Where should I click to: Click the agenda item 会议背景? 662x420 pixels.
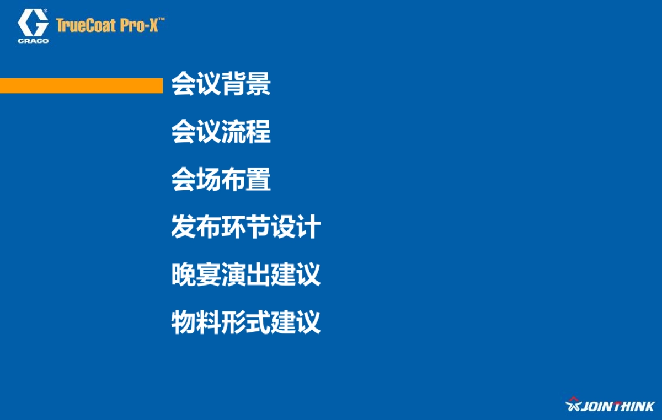[x=221, y=84]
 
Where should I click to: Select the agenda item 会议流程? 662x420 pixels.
[x=221, y=132]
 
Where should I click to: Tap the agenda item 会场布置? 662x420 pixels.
[x=221, y=180]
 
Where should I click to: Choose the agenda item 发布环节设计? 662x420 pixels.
[x=245, y=227]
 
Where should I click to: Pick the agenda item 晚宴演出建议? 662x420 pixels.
[x=245, y=274]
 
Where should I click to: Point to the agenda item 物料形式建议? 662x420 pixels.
[x=245, y=322]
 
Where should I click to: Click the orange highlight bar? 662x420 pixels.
[x=81, y=85]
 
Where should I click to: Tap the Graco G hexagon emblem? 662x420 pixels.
[x=33, y=23]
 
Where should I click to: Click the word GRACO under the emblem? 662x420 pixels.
[x=33, y=41]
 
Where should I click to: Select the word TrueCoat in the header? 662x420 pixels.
[x=86, y=25]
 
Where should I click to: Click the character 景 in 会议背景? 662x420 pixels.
[x=258, y=84]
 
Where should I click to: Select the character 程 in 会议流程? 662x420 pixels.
[x=258, y=132]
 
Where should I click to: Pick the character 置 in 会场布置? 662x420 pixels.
[x=258, y=180]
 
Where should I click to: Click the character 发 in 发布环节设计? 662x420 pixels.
[x=183, y=227]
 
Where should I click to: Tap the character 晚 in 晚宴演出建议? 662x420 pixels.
[x=183, y=274]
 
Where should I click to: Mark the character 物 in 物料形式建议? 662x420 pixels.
[x=183, y=322]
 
